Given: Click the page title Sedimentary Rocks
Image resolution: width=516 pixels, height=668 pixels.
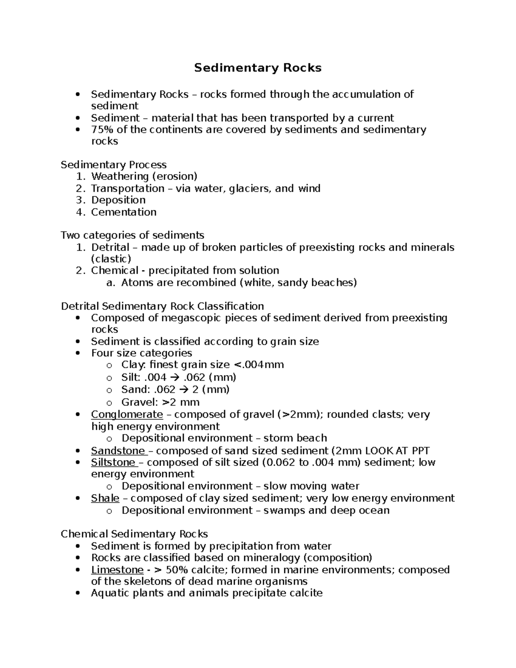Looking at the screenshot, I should (x=258, y=68).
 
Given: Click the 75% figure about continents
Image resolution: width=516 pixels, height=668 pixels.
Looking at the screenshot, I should (x=100, y=130).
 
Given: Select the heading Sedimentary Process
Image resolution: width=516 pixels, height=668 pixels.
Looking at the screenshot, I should (x=114, y=165).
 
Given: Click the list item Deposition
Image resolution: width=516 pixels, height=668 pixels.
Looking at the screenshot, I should (x=118, y=200).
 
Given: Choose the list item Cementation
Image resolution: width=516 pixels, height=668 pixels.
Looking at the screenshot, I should (x=123, y=212).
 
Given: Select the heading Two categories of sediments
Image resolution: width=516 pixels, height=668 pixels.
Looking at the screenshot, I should (x=132, y=235).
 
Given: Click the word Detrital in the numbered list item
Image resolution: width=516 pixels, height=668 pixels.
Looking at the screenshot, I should (x=110, y=247).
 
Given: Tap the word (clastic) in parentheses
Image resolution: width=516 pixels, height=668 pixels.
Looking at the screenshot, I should (x=111, y=259).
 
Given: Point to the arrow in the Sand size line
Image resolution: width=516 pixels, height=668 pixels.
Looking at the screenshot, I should (x=183, y=390).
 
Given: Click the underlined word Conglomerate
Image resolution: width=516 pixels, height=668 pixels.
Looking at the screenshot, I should (x=127, y=415).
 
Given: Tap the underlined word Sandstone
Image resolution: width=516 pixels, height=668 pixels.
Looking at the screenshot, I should (x=118, y=451).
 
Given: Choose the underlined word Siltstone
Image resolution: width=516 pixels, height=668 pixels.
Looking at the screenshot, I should (x=113, y=462).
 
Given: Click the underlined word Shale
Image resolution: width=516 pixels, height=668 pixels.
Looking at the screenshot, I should (x=105, y=498).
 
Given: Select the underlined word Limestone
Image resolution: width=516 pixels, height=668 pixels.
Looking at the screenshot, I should (x=117, y=570).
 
